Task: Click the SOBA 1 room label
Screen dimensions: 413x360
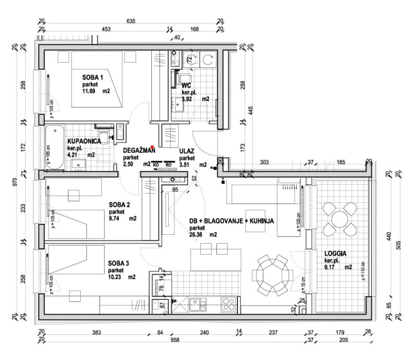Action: click(93, 78)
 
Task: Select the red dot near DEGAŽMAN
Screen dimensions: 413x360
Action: click(152, 147)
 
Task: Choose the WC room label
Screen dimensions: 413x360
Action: click(187, 85)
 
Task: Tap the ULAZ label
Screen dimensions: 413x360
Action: click(187, 151)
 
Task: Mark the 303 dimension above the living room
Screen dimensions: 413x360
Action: click(264, 163)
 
